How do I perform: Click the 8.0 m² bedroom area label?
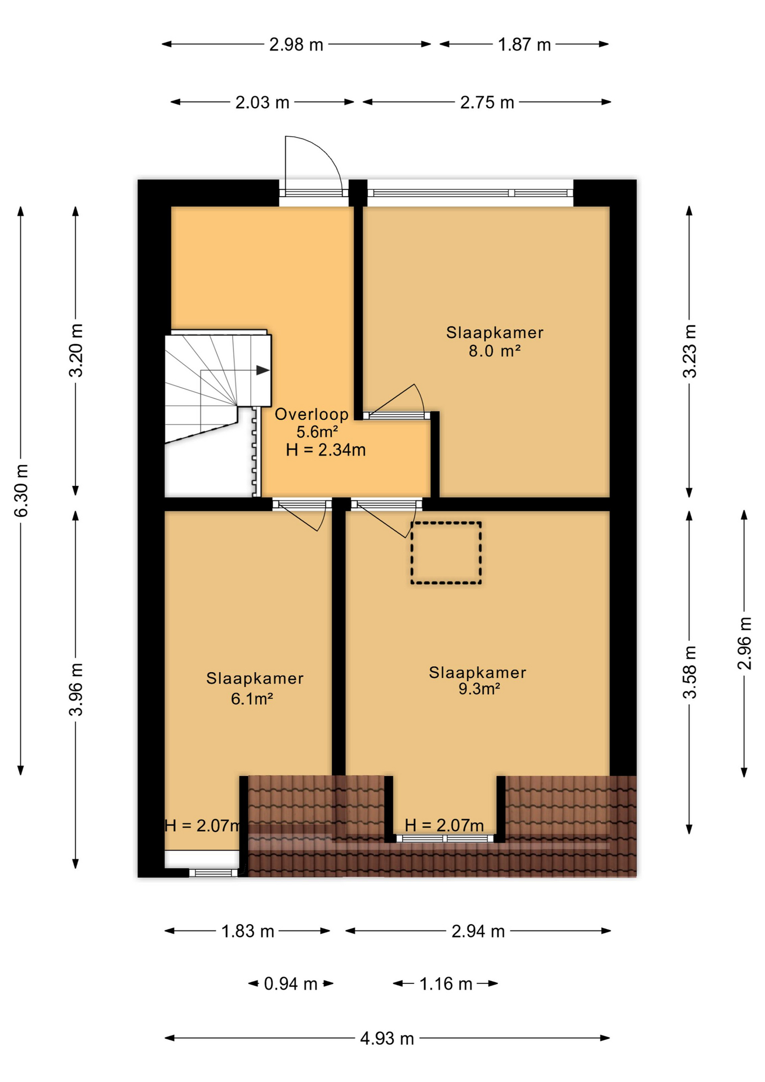point(494,351)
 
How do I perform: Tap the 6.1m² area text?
point(252,699)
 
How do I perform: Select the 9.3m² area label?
point(479,689)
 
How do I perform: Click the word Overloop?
point(312,414)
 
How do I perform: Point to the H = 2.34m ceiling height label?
point(326,450)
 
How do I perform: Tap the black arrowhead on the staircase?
point(263,370)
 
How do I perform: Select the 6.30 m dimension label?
point(21,491)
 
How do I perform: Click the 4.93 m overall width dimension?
point(387,1039)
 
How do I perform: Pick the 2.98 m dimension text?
point(296,45)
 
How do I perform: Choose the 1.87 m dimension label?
point(524,45)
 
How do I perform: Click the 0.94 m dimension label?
point(291,984)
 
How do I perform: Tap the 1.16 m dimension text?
point(446,984)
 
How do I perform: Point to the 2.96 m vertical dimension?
point(744,644)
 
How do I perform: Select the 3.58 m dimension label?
point(690,672)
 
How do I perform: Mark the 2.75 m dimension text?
point(487,103)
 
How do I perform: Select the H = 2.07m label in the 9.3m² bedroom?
point(444,826)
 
